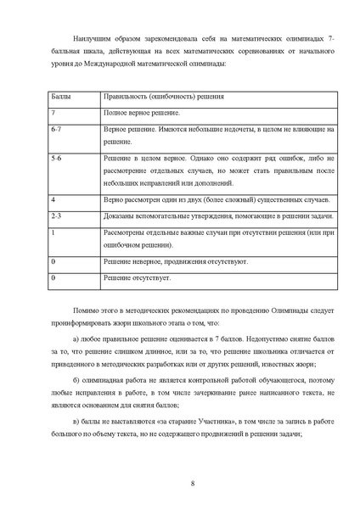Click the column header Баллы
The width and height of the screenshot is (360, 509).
tap(60, 98)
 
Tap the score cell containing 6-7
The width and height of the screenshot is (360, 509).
tap(57, 128)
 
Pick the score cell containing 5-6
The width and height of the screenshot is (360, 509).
tap(57, 158)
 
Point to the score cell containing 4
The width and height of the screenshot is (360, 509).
tap(53, 199)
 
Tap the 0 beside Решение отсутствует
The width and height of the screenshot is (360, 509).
tap(53, 277)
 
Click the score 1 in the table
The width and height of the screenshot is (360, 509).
tap(53, 231)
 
